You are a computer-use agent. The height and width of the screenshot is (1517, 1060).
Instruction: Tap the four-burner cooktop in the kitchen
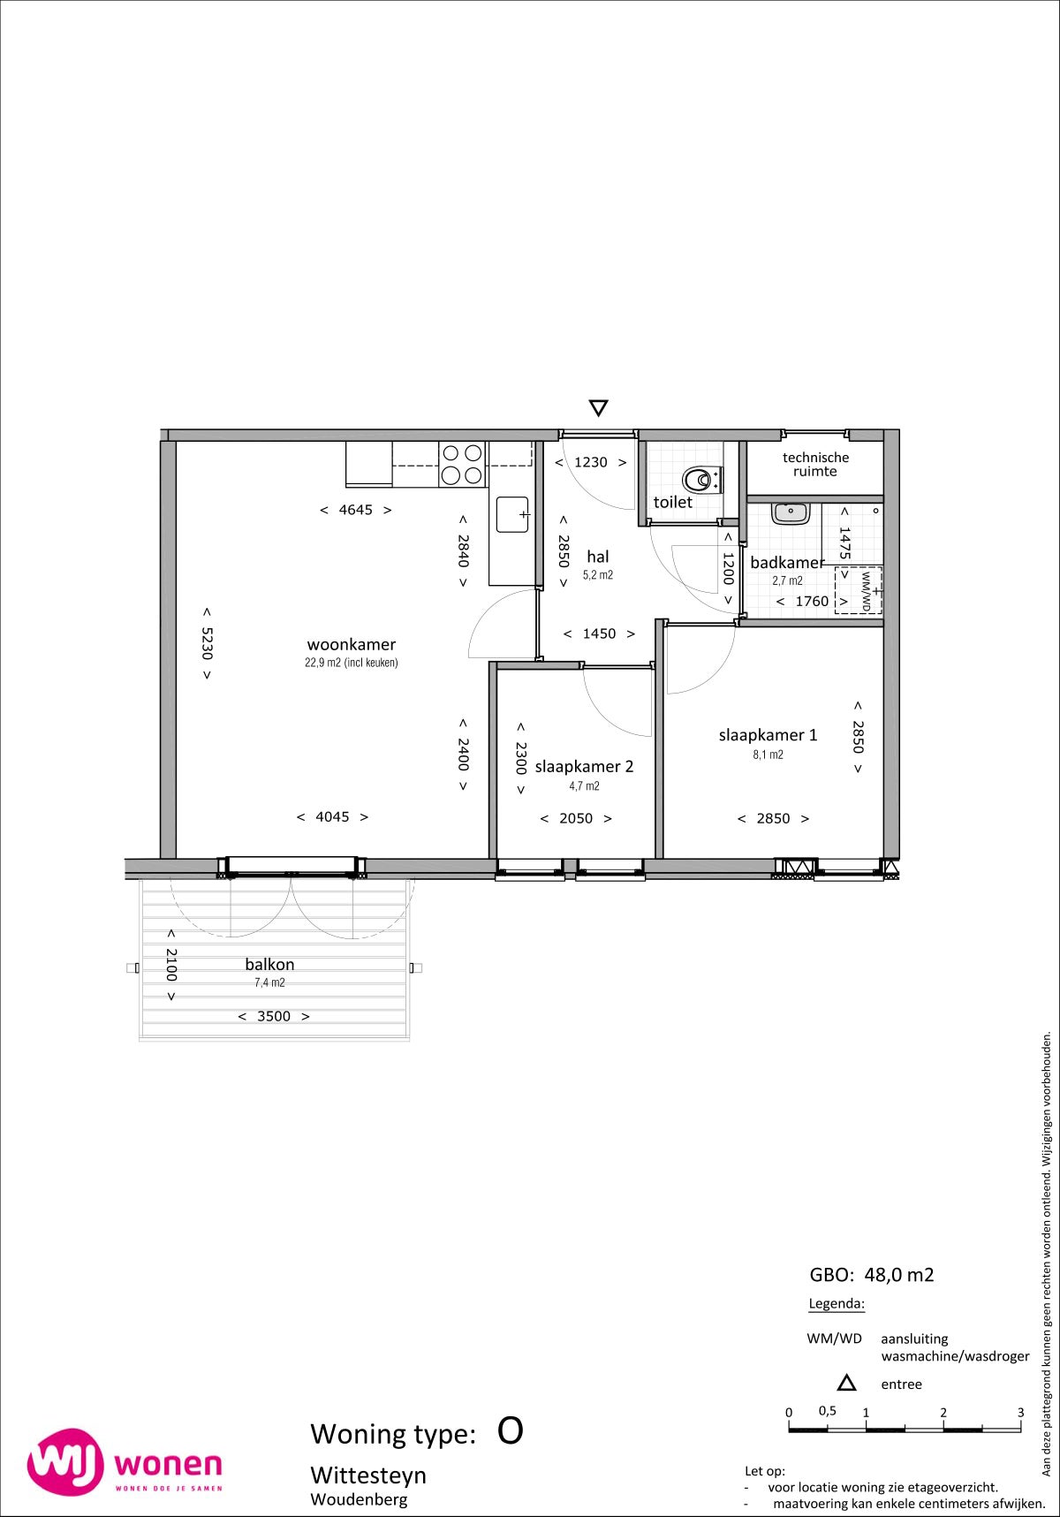(463, 464)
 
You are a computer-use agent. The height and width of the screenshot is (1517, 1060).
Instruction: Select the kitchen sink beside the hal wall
(512, 514)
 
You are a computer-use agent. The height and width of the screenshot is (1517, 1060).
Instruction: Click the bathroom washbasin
(790, 512)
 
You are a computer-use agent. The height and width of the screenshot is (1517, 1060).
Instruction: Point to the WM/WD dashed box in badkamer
(859, 590)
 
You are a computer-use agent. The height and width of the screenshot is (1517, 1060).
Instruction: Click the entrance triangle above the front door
(598, 407)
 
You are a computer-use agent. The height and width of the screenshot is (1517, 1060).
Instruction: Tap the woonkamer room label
(352, 644)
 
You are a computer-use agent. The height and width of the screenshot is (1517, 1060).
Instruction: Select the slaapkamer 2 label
(584, 766)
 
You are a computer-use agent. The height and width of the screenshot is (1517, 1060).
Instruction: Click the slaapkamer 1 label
(768, 734)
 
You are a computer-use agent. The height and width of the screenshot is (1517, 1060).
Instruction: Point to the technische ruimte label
(815, 464)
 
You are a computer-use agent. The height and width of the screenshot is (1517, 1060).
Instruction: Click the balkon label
(269, 964)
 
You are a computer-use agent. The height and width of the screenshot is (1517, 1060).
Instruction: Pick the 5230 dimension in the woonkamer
(207, 643)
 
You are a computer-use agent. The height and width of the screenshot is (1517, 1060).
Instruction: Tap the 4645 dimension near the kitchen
(356, 510)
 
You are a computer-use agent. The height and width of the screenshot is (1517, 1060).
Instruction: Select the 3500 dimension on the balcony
(274, 1016)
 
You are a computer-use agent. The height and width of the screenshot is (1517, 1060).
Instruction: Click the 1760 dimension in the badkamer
(812, 601)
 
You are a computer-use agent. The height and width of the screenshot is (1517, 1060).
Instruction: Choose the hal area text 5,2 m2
(598, 574)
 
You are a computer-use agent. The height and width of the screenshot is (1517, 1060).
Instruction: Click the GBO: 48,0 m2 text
(872, 1275)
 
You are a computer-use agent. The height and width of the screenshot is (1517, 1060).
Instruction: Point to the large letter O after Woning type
(511, 1430)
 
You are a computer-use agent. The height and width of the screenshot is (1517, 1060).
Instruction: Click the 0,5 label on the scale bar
(827, 1411)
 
